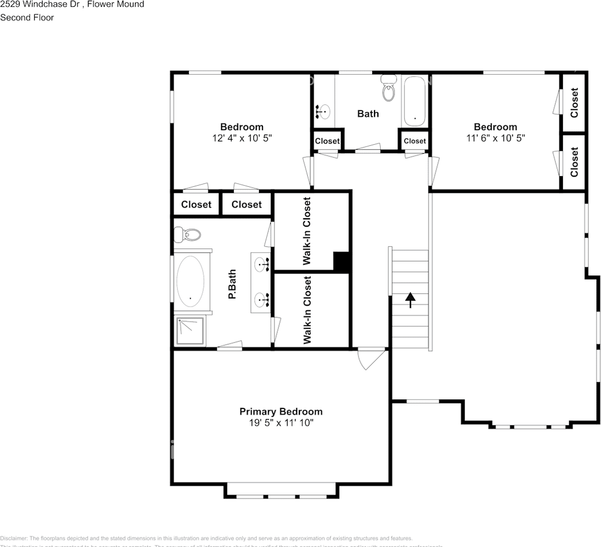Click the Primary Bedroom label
(x=281, y=411)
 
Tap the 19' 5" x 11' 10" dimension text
(x=281, y=423)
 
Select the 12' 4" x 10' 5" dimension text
(x=242, y=138)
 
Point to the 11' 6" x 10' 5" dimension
(x=495, y=138)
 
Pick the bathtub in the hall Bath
(x=415, y=101)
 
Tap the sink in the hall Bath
(x=323, y=111)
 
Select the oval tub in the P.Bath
(x=190, y=281)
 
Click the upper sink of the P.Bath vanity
(x=262, y=263)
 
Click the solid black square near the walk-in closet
(x=341, y=262)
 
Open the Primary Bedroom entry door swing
(x=368, y=358)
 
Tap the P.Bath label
(x=232, y=284)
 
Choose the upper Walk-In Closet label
(x=307, y=231)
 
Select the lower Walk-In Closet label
(x=307, y=310)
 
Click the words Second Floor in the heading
(x=27, y=18)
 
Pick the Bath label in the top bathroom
(x=368, y=113)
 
